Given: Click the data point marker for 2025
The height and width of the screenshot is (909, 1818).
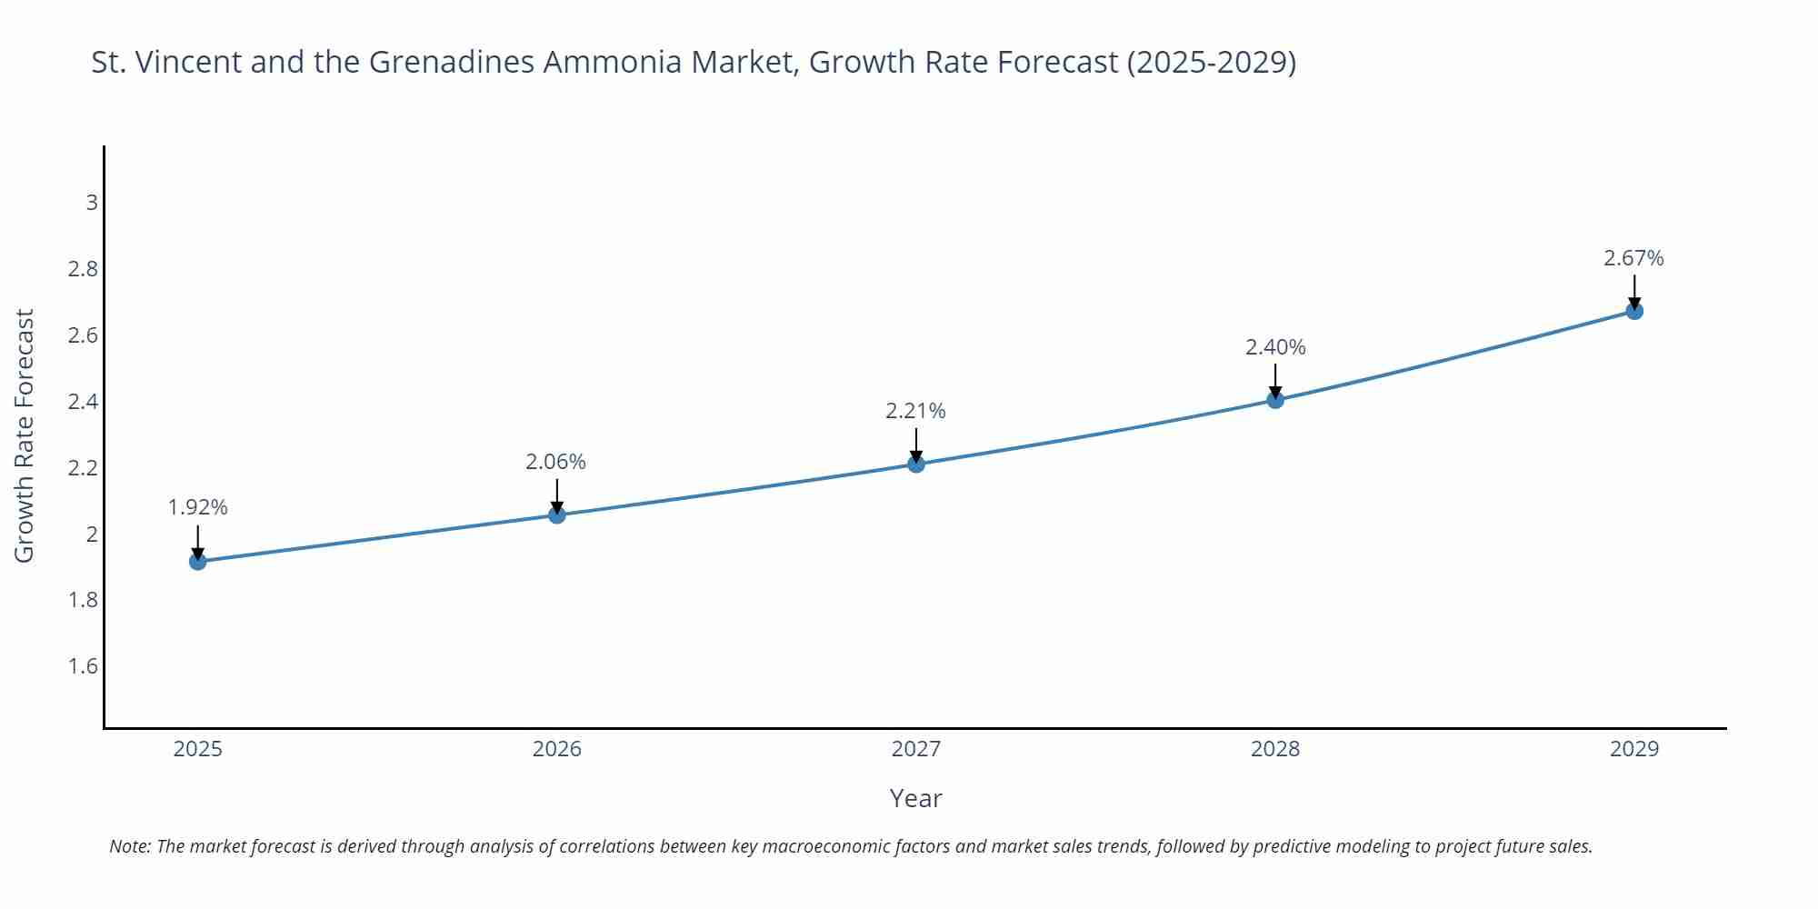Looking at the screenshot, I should (197, 562).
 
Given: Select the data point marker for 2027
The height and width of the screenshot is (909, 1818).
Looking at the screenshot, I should (916, 464).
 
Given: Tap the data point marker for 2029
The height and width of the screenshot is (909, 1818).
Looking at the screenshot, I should (1634, 311).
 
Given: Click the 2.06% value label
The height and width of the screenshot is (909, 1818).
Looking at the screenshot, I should (555, 462).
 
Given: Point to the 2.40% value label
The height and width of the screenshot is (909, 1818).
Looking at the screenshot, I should (1275, 347).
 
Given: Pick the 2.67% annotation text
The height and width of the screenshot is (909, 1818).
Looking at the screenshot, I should (1633, 258).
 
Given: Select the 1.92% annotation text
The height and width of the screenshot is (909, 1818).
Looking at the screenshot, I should (197, 507).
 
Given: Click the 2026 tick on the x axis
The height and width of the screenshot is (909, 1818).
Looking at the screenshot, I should (556, 749).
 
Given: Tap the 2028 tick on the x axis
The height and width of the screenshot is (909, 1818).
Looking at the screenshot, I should (1275, 749).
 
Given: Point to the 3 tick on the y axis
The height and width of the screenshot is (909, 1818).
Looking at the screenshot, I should (92, 203).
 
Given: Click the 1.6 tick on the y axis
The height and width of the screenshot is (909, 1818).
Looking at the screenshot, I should (83, 666).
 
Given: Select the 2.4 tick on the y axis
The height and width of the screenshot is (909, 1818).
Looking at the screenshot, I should (83, 402).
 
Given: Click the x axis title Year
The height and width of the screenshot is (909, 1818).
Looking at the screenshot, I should (915, 798).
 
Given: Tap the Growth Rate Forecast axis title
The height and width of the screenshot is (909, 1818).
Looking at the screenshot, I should (25, 435).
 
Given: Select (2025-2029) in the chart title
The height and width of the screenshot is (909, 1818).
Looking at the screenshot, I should (1211, 62).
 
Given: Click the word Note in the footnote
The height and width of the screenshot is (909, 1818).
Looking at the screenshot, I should (130, 846).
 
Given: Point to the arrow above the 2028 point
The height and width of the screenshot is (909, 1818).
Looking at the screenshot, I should (1275, 379).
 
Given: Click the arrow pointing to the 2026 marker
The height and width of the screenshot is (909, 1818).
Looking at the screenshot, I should (556, 494).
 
